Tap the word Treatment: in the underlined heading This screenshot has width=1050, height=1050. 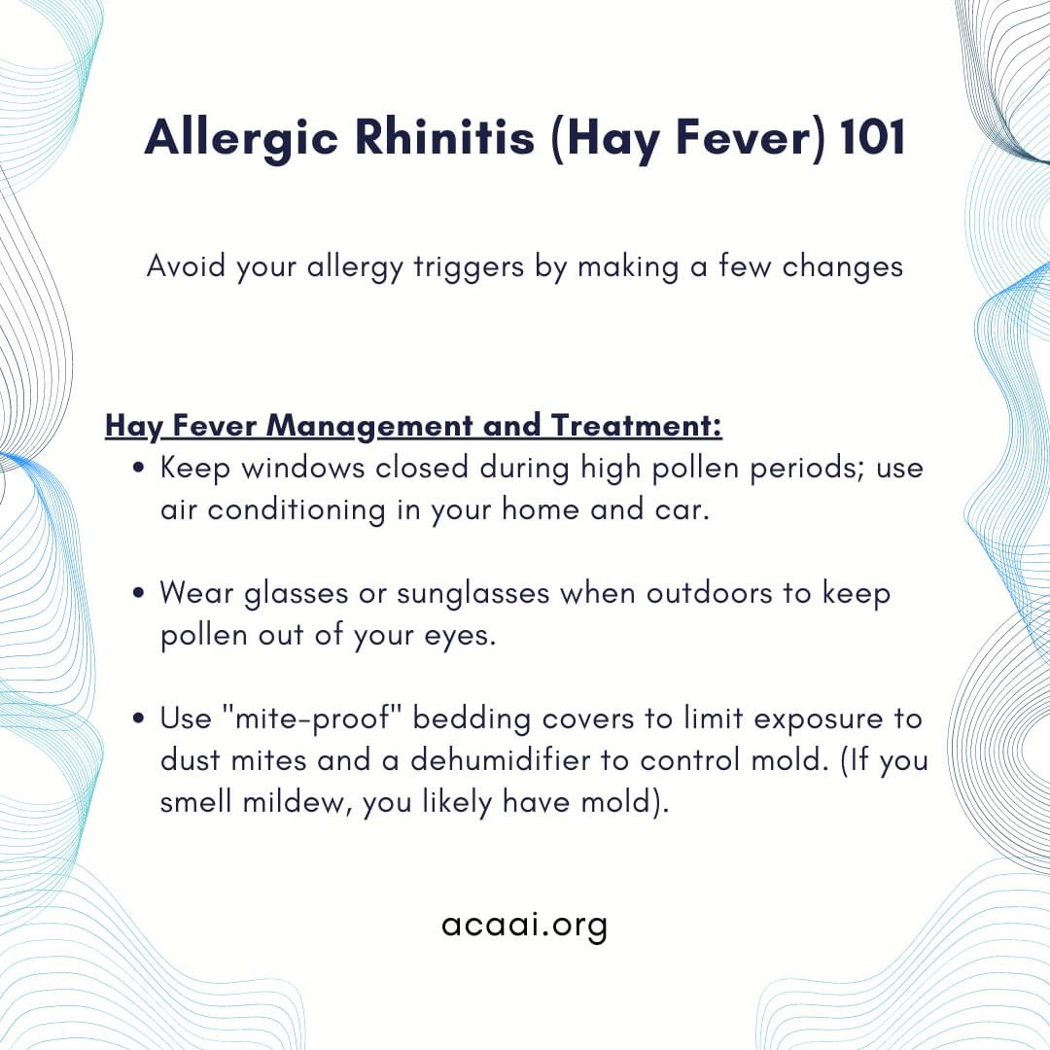pyautogui.click(x=636, y=426)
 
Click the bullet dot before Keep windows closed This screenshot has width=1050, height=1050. pyautogui.click(x=140, y=469)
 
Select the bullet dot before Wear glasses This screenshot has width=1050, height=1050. pyautogui.click(x=140, y=592)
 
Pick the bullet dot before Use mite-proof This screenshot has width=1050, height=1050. pyautogui.click(x=140, y=718)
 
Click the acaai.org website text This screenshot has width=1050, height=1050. pyautogui.click(x=524, y=925)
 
